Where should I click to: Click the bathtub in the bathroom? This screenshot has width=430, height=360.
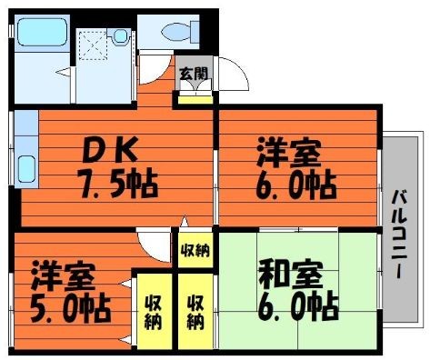42,33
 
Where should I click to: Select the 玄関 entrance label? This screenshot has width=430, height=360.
194,74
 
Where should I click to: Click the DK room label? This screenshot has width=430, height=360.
110,149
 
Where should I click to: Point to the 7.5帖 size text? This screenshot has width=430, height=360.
117,184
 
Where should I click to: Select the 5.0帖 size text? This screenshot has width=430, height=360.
70,307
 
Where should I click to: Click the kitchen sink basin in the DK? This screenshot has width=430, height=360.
26,169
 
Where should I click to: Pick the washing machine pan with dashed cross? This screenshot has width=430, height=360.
93,45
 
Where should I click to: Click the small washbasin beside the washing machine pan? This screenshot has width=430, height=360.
121,36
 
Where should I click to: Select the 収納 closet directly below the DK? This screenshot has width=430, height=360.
195,250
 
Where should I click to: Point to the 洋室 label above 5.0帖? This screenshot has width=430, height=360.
64,275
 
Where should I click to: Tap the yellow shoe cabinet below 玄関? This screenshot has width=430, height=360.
195,100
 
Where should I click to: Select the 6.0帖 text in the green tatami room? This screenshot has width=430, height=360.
298,306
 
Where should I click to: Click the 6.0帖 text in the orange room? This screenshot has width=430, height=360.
296,185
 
